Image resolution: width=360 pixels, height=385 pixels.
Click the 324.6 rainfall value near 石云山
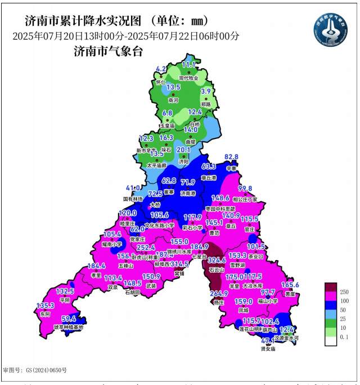click(x=217, y=261)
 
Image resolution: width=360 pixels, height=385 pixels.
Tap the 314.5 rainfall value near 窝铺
click(x=179, y=264)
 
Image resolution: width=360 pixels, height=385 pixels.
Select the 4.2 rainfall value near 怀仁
click(x=161, y=69)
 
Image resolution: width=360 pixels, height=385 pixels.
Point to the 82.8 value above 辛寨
click(x=232, y=156)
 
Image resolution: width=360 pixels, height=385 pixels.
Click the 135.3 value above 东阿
click(x=46, y=306)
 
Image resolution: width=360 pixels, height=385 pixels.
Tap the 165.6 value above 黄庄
click(x=290, y=285)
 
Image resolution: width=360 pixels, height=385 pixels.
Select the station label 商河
click(x=173, y=100)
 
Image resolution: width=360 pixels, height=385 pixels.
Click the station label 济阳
click(x=184, y=161)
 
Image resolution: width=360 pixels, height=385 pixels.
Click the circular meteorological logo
click(x=331, y=29)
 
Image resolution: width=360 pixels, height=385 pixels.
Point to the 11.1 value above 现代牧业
click(x=188, y=65)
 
